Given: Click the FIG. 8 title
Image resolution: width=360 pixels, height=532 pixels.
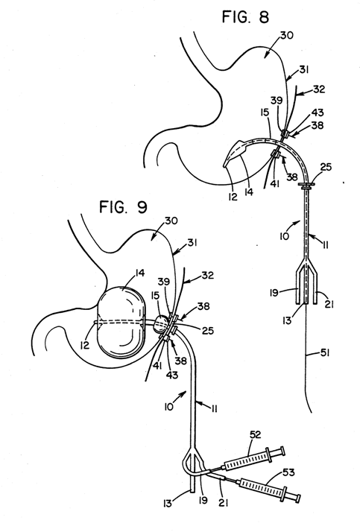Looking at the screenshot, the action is [245, 16].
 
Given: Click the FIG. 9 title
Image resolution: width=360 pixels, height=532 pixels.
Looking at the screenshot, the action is [123, 206].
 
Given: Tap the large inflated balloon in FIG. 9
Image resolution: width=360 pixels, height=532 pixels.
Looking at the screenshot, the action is [121, 323].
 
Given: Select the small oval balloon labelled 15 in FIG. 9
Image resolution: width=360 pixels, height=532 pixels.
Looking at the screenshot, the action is [161, 323].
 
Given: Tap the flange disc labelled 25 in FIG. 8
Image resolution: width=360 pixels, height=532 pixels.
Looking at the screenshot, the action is [306, 185].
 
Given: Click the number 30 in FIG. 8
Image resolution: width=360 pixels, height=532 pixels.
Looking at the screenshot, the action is [287, 35].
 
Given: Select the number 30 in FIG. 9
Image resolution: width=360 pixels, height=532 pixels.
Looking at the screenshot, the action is [171, 221].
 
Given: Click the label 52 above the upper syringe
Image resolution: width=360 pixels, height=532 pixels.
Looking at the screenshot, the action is [255, 434].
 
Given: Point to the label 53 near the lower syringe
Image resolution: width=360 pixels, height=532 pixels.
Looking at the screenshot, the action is [288, 472].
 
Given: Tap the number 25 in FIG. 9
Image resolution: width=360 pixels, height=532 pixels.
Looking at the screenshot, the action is [207, 331].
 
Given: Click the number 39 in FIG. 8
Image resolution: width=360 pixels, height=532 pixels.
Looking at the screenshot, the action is [277, 101].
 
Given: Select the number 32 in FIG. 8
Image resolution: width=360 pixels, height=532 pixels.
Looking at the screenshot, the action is [319, 89].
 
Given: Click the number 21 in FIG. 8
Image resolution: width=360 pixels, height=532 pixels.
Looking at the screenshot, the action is [329, 305].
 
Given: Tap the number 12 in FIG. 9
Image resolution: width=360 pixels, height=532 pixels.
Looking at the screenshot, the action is [85, 345].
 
